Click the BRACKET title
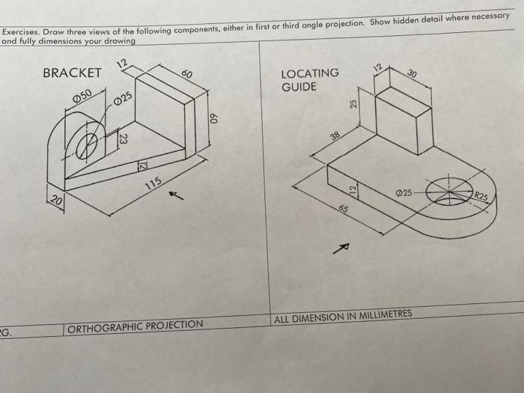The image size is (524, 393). [x=72, y=73]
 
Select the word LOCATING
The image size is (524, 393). [x=309, y=73]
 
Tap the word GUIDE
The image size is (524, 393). [x=299, y=87]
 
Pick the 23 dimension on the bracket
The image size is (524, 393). [x=124, y=138]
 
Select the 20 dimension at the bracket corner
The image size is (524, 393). [x=56, y=199]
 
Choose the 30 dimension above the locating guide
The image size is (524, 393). [x=412, y=74]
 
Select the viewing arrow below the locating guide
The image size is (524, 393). [x=344, y=247]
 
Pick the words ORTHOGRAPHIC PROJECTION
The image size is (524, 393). [x=135, y=325]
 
